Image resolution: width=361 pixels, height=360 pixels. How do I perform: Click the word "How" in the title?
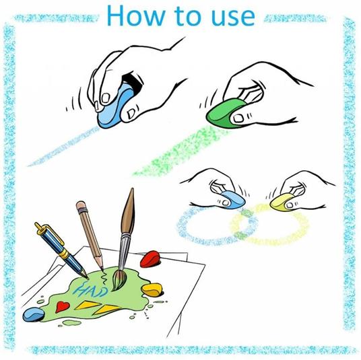[136, 15]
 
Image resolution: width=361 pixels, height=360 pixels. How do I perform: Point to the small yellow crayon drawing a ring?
[281, 201]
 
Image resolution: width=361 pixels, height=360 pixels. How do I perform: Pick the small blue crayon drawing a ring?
[232, 199]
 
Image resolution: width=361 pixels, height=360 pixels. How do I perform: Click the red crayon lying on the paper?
[150, 259]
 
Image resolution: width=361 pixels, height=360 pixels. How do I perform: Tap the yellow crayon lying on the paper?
[152, 290]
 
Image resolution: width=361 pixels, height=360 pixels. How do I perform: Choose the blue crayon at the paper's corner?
[34, 314]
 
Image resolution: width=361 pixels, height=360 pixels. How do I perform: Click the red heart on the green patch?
[62, 307]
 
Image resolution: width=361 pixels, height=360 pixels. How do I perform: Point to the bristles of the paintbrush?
[119, 280]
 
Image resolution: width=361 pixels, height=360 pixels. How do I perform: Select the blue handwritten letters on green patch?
[92, 290]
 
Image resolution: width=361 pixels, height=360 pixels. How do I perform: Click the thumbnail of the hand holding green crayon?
[238, 118]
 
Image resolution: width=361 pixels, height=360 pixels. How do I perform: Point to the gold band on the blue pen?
[64, 253]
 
